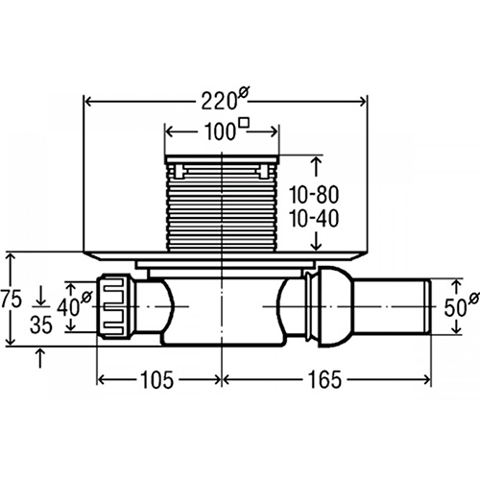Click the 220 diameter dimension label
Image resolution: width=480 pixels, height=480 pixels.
[x=225, y=100]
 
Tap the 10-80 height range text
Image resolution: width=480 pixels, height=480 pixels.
[x=314, y=195]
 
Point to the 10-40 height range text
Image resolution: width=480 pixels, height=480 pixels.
[x=314, y=219]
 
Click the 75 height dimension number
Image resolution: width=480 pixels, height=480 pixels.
[x=12, y=300]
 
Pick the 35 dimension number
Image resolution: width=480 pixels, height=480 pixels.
[x=41, y=324]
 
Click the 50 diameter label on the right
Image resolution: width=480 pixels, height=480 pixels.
[x=461, y=306]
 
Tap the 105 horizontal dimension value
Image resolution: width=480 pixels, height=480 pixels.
[x=157, y=380]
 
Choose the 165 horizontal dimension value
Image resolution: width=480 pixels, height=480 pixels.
[x=324, y=380]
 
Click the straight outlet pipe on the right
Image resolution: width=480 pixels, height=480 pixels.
[x=391, y=306]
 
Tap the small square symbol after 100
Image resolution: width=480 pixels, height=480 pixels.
[x=245, y=123]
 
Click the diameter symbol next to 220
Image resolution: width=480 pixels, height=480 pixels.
[x=243, y=93]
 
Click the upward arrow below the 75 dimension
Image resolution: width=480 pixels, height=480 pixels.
[x=39, y=357]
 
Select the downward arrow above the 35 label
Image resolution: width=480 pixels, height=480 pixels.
[x=41, y=296]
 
